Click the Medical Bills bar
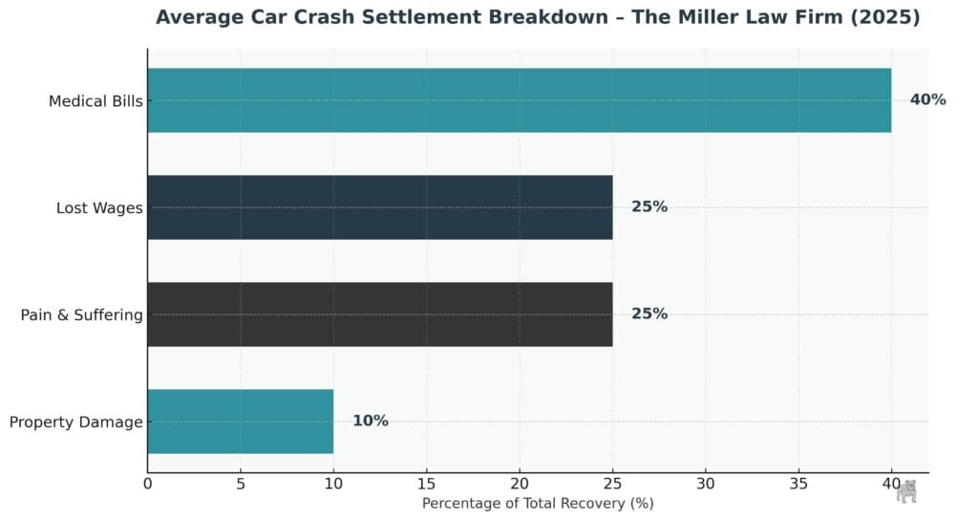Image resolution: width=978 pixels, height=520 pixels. tap(519, 100)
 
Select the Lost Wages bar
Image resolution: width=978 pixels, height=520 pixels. tap(379, 207)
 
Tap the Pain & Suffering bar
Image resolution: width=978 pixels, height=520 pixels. tap(379, 314)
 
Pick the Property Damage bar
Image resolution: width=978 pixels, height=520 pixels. tap(241, 422)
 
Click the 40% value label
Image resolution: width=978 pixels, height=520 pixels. tap(927, 100)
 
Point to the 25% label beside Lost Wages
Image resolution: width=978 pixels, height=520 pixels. tap(649, 207)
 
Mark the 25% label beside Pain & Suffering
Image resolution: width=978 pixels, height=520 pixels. tap(649, 314)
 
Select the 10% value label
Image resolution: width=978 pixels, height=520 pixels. tap(371, 422)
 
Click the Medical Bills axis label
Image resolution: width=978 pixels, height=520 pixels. tap(96, 101)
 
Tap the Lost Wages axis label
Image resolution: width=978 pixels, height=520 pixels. tap(99, 208)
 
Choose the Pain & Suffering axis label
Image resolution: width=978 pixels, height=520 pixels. tap(81, 315)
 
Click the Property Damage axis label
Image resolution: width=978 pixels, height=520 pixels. tap(75, 422)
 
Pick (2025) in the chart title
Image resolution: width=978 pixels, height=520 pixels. tap(885, 18)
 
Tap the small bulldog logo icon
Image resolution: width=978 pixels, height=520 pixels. tap(906, 491)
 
